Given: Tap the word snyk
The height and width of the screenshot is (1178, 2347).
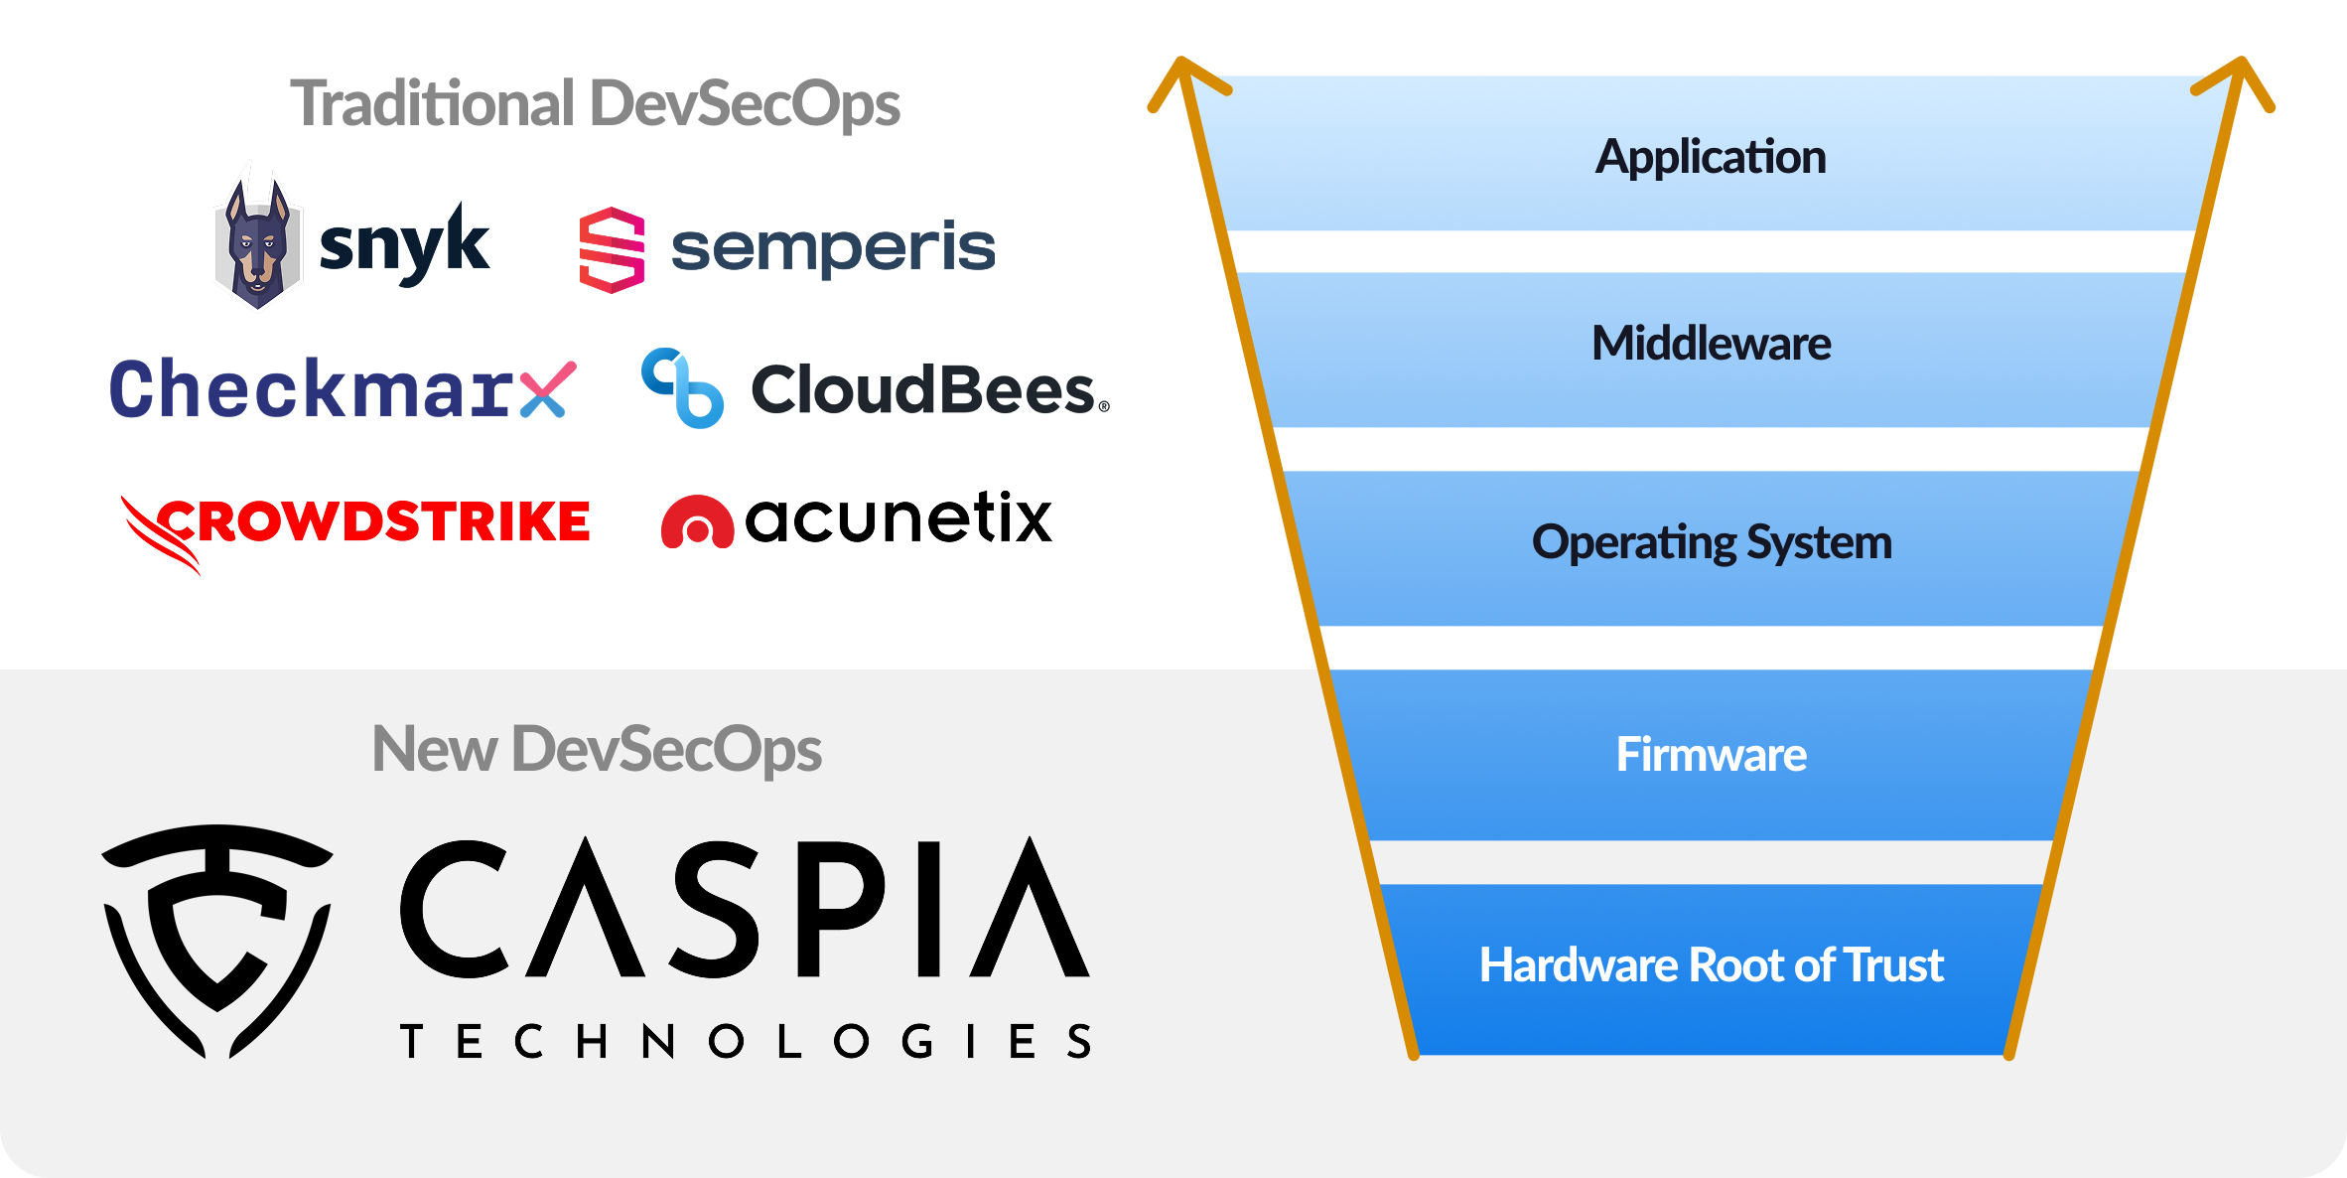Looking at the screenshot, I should tap(403, 244).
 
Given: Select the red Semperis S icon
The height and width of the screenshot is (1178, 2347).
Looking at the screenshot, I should tap(612, 249).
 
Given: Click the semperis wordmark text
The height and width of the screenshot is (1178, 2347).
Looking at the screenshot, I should tap(833, 247).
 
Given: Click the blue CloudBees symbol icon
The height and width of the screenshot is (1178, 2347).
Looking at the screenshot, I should tap(682, 388).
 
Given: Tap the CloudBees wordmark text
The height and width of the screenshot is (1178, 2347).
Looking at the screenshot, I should tap(924, 389).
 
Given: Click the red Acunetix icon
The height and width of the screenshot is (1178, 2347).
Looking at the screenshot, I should tap(697, 521).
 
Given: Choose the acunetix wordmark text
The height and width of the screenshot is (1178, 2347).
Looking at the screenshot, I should tap(898, 517).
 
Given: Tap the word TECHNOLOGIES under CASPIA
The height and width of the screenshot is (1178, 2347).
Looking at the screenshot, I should tap(746, 1042).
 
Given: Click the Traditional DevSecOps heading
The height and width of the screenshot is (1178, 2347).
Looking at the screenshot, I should tap(595, 104).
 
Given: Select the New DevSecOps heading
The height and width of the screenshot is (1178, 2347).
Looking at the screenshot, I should tap(597, 749).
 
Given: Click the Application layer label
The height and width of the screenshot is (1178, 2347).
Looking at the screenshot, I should tap(1711, 157).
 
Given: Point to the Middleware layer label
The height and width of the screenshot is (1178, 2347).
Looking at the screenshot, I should tap(1711, 344).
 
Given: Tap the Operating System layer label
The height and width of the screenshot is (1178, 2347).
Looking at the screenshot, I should tap(1712, 542).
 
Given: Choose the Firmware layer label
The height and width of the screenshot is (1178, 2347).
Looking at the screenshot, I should tap(1712, 754).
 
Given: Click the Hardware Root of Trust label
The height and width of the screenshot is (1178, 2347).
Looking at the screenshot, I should tap(1711, 964).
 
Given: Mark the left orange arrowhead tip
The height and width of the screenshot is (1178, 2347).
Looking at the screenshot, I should tap(1180, 62).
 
